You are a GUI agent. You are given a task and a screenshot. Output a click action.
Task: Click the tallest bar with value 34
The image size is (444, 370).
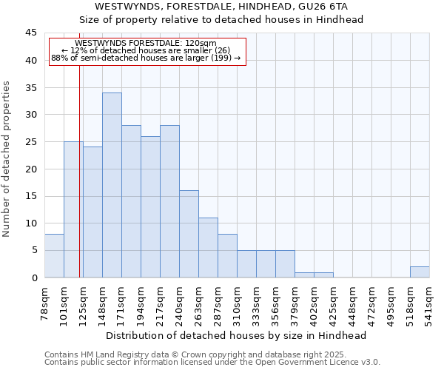pos(112,185)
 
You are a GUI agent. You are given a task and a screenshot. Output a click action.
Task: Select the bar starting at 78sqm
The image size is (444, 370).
pos(54,256)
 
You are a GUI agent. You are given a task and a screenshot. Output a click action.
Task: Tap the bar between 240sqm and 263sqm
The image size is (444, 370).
pos(189,234)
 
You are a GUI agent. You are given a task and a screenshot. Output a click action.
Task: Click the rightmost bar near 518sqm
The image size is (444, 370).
pos(420,272)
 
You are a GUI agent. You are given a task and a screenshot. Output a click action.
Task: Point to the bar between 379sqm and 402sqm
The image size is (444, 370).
pos(304,275)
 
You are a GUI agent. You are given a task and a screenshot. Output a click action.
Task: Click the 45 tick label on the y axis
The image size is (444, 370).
pos(31,33)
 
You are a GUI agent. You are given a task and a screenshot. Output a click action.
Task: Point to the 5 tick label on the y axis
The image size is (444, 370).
pos(34,250)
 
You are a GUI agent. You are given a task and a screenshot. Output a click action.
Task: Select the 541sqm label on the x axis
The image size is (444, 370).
pos(430,302)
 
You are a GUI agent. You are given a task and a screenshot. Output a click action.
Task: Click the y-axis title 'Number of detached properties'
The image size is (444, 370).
pos(7,159)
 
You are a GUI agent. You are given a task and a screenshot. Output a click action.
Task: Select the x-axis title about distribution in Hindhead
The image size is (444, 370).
pos(238,335)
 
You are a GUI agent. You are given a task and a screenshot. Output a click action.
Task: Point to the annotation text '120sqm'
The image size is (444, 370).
pos(201,44)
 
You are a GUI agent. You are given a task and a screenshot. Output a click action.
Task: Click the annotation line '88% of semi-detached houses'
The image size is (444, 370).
pos(146,58)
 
